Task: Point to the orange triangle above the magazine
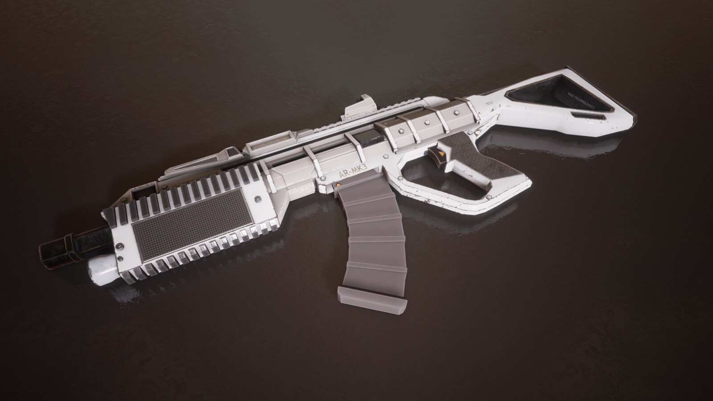338,185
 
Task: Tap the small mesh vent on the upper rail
262,143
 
